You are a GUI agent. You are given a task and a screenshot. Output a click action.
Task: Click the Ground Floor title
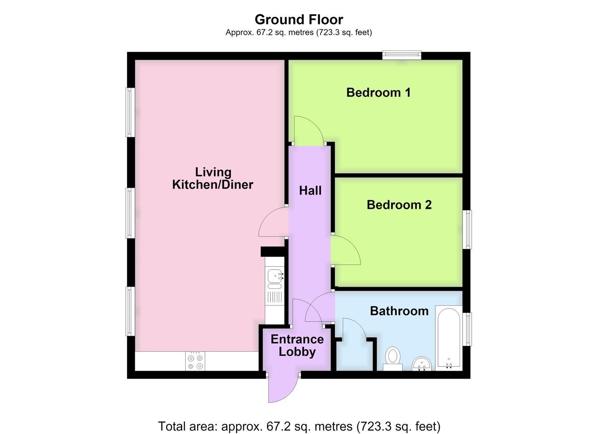(299, 19)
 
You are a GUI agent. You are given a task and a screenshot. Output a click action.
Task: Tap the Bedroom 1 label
(378, 92)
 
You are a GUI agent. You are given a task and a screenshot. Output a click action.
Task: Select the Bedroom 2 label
(399, 205)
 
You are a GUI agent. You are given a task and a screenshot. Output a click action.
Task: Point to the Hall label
(310, 191)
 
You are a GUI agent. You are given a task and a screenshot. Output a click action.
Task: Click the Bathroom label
(399, 311)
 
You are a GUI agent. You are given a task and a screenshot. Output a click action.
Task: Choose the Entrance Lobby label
(297, 346)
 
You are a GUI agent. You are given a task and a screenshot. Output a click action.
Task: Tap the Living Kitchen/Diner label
(213, 178)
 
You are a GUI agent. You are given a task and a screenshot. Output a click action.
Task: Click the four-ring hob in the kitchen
(195, 361)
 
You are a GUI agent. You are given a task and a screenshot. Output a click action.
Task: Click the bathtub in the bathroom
(449, 338)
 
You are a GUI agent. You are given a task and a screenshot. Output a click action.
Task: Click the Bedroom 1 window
(402, 55)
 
